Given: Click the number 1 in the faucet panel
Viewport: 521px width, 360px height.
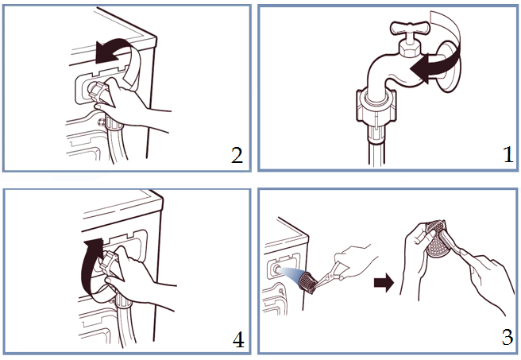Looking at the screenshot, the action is tap(509, 155).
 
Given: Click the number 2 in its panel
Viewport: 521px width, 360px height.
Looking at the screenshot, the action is tap(237, 155).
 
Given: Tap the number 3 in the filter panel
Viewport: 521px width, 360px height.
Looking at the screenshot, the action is tap(507, 337).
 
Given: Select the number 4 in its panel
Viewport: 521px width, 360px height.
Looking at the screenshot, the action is tap(238, 339).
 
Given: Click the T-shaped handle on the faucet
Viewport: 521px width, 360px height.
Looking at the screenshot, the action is tap(411, 28).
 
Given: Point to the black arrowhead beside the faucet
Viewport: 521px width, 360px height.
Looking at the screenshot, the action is tap(420, 68).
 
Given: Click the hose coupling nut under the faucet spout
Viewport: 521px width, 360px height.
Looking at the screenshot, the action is tap(376, 106).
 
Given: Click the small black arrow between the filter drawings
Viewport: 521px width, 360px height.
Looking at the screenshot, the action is tap(384, 283).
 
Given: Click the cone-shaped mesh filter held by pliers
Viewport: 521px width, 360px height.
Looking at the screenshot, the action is tap(307, 283).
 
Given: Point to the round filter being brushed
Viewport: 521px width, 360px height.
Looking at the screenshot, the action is tap(438, 242).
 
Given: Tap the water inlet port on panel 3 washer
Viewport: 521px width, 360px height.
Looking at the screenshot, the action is tap(275, 269).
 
